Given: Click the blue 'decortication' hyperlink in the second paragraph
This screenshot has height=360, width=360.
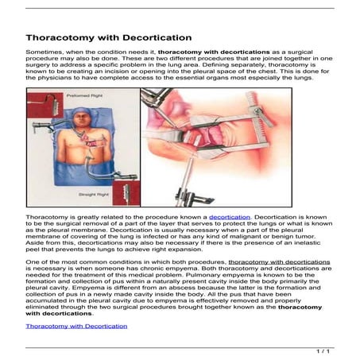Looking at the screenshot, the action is [230, 216].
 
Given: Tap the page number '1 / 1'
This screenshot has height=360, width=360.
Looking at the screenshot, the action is [323, 350].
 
